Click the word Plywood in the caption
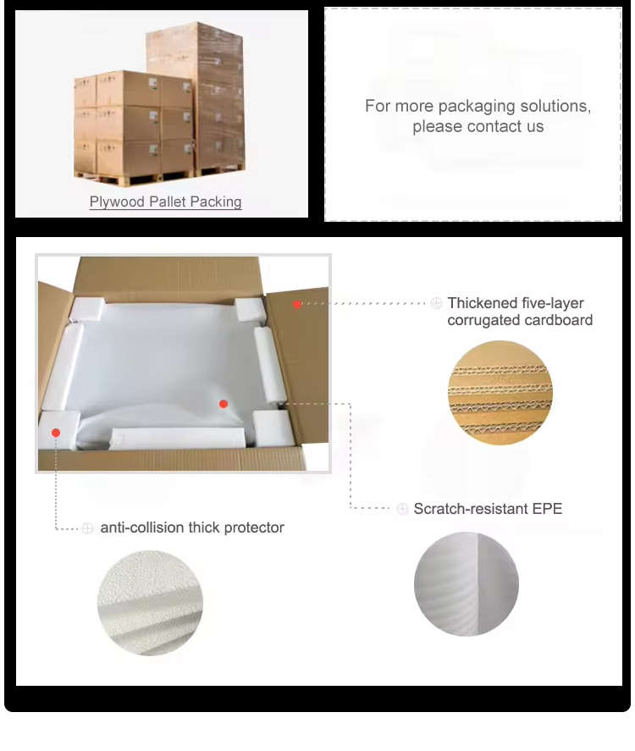point(117,202)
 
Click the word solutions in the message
point(555,106)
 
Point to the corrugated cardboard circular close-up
point(500,393)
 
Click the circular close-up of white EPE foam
point(467,584)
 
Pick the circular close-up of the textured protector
point(151,603)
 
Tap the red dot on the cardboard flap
point(297,304)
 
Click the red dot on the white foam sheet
point(224,404)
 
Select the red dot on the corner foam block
point(56,433)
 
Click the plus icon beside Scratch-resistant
point(402,509)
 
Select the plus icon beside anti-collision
point(87,527)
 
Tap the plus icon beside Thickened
point(436,303)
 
